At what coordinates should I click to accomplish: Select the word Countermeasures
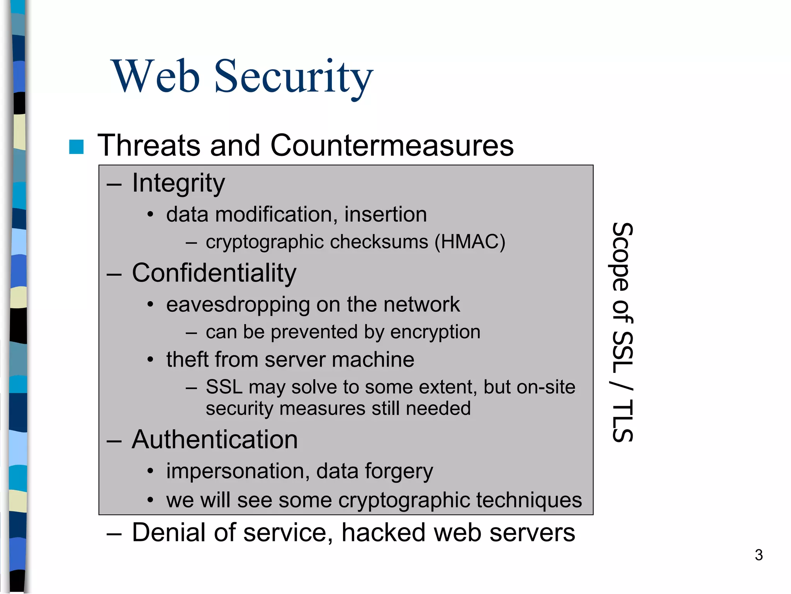coord(392,145)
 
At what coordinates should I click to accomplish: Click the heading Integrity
coord(178,183)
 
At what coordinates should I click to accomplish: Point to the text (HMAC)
coord(470,242)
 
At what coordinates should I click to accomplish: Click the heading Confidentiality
coord(214,273)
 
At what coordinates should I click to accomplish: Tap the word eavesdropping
coord(238,305)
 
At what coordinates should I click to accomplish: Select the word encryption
coord(435,332)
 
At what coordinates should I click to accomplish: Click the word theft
coord(187,360)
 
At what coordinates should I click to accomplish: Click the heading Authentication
coord(215,440)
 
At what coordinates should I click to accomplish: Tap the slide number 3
coord(759,555)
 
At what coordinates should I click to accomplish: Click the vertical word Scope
coord(622,257)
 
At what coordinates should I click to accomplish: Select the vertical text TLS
coord(622,421)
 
